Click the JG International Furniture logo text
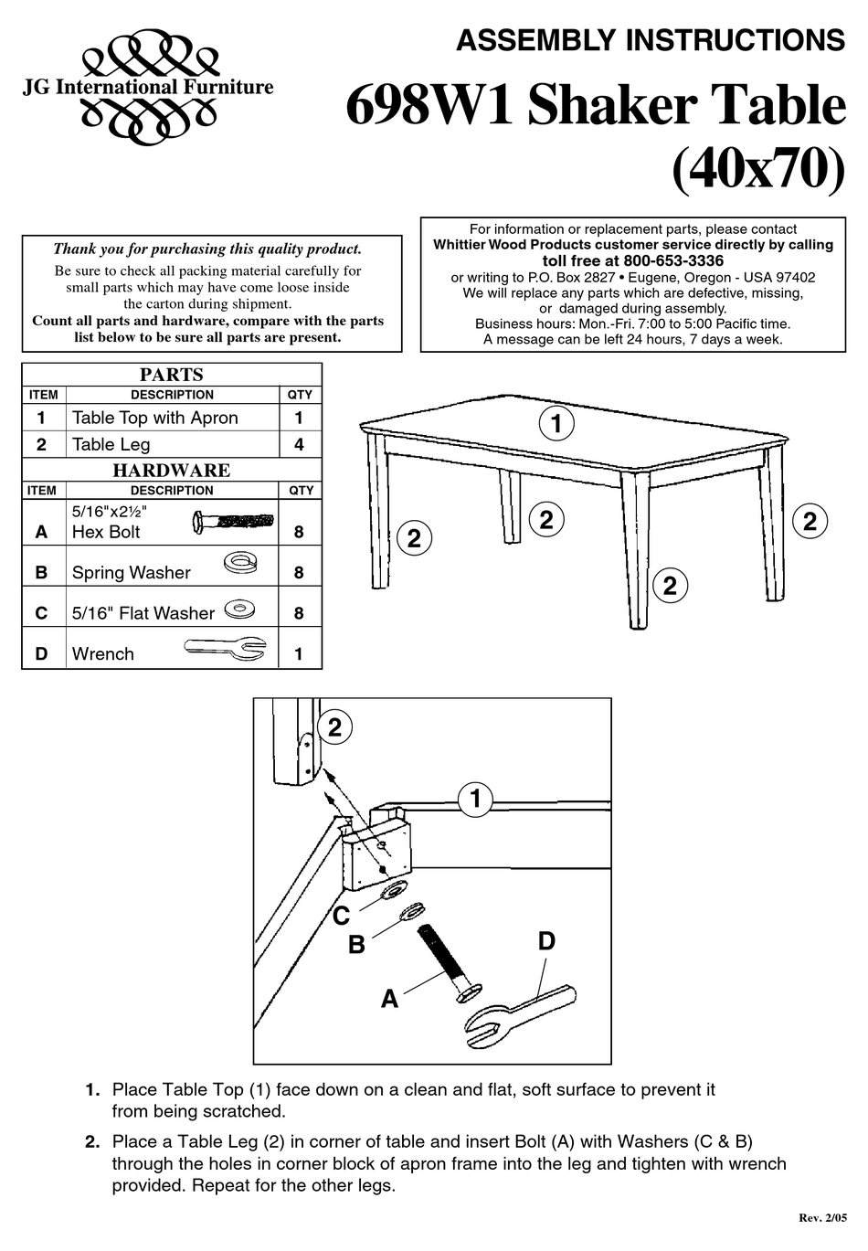tap(147, 88)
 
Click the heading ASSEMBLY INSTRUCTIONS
tap(650, 40)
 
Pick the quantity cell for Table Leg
tap(299, 445)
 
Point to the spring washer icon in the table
tap(238, 559)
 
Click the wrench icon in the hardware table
tap(225, 649)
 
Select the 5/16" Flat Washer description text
tap(143, 613)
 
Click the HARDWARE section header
tap(171, 471)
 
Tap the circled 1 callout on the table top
tap(556, 423)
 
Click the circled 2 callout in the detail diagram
tap(334, 727)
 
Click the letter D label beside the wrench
tap(546, 941)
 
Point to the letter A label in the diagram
tap(390, 1000)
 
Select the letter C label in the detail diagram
tap(341, 916)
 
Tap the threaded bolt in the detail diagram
tap(444, 959)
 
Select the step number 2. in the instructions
tap(91, 1142)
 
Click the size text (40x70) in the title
tap(758, 169)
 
